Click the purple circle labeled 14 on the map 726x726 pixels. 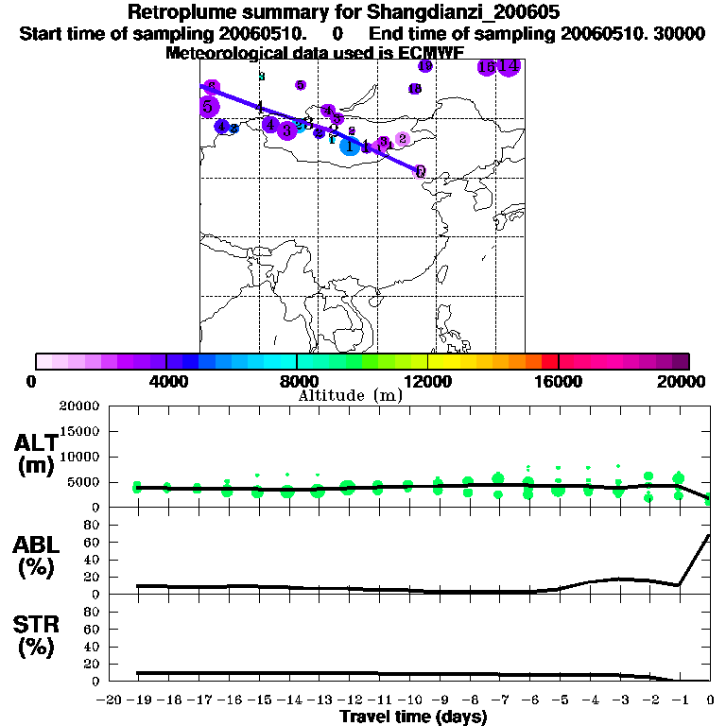click(509, 66)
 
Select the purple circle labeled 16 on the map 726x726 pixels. click(487, 67)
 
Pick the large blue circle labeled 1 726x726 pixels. click(350, 146)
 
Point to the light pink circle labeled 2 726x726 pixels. click(402, 139)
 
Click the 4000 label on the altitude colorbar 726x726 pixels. click(166, 381)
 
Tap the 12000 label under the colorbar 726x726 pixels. click(428, 381)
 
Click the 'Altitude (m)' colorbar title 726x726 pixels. click(350, 395)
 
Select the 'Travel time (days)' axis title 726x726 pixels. click(413, 717)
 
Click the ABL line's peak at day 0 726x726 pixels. click(710, 535)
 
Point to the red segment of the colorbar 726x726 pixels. click(550, 361)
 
